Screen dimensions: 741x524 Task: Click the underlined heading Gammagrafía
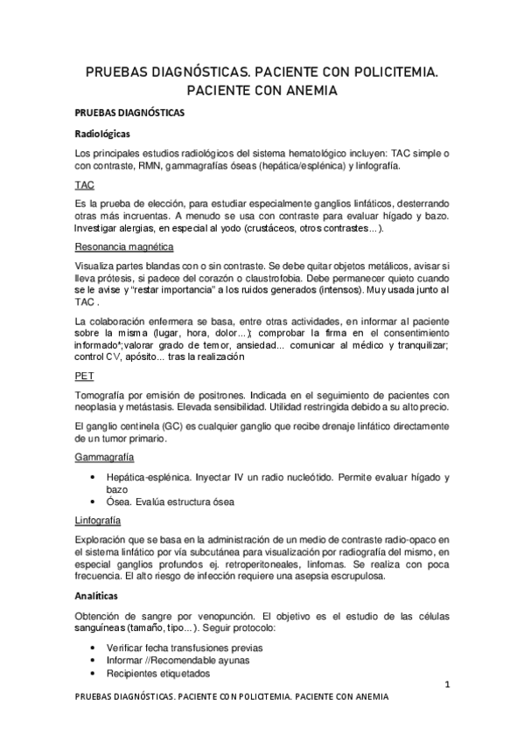point(105,459)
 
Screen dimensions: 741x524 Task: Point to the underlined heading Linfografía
point(98,519)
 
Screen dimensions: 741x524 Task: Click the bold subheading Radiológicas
point(102,135)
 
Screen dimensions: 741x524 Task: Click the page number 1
point(445,685)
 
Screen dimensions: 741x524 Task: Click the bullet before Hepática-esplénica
point(94,477)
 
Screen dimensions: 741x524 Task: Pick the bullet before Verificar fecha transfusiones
point(94,648)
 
